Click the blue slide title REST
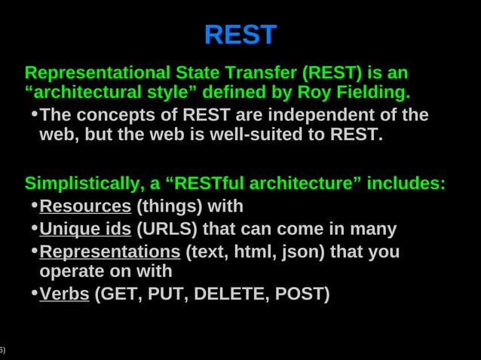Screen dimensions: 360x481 point(240,35)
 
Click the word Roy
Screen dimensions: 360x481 point(314,93)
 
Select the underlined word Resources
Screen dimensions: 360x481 point(85,206)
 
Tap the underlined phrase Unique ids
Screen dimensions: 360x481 point(85,229)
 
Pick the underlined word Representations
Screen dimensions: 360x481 point(109,252)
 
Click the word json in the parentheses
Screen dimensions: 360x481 point(299,252)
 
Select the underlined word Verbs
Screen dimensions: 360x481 point(64,294)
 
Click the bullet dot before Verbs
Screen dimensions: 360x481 point(34,292)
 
